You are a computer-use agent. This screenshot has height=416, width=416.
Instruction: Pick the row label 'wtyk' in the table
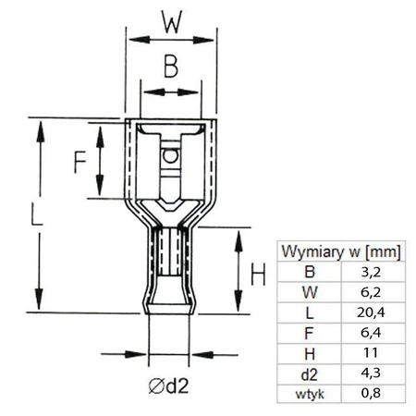[310, 395]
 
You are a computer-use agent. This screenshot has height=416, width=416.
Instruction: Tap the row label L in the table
[310, 314]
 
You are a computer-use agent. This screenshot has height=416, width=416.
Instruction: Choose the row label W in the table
[310, 294]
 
